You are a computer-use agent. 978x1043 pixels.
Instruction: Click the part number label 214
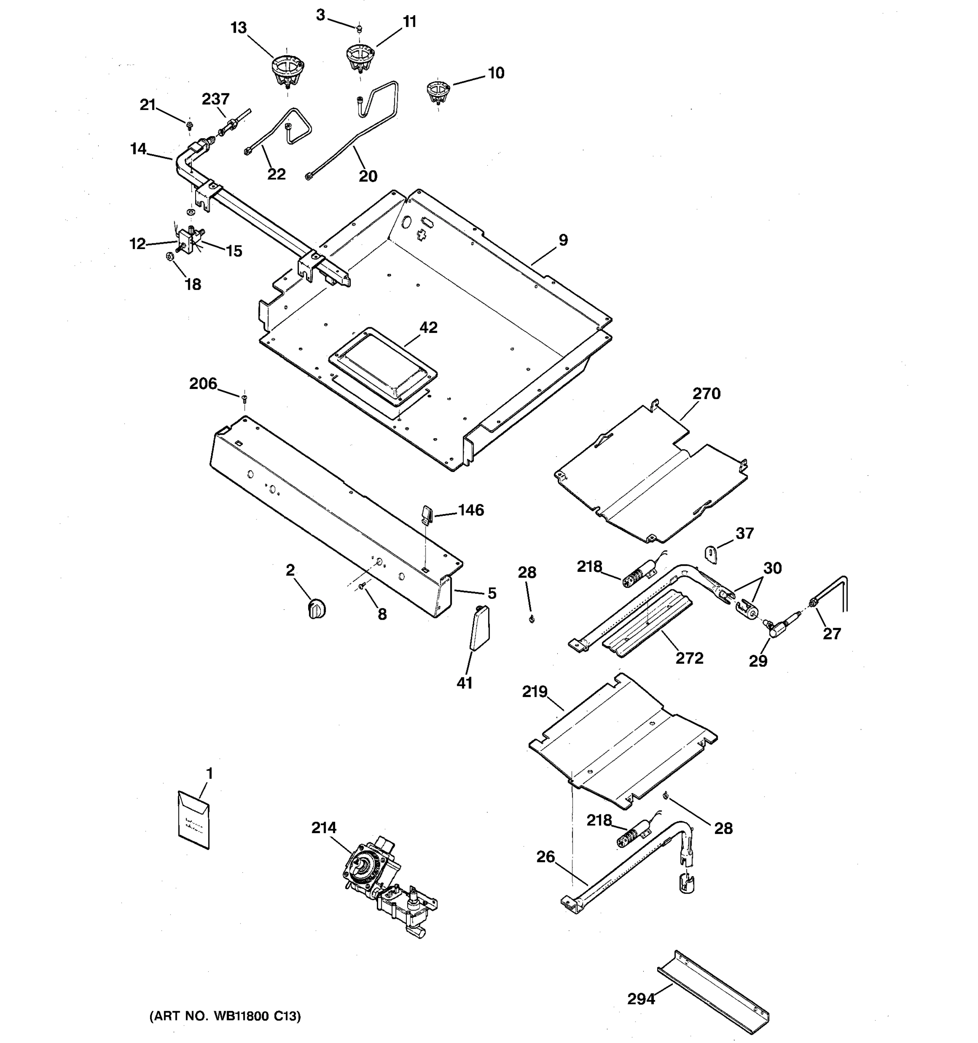(x=324, y=827)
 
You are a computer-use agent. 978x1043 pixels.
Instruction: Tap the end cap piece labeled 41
(x=479, y=628)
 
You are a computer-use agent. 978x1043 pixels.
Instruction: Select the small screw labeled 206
(x=244, y=399)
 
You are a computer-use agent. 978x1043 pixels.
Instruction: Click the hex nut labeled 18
(x=170, y=256)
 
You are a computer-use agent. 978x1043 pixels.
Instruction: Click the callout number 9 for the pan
(x=563, y=240)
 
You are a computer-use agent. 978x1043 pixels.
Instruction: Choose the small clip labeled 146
(x=426, y=514)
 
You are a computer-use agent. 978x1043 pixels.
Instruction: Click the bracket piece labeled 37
(x=711, y=555)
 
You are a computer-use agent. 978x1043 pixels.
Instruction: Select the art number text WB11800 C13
(x=226, y=1016)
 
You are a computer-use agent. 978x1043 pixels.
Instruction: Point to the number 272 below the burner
(x=689, y=658)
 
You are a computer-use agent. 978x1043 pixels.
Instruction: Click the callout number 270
(x=706, y=393)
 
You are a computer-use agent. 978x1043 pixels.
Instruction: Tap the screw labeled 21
(x=189, y=126)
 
